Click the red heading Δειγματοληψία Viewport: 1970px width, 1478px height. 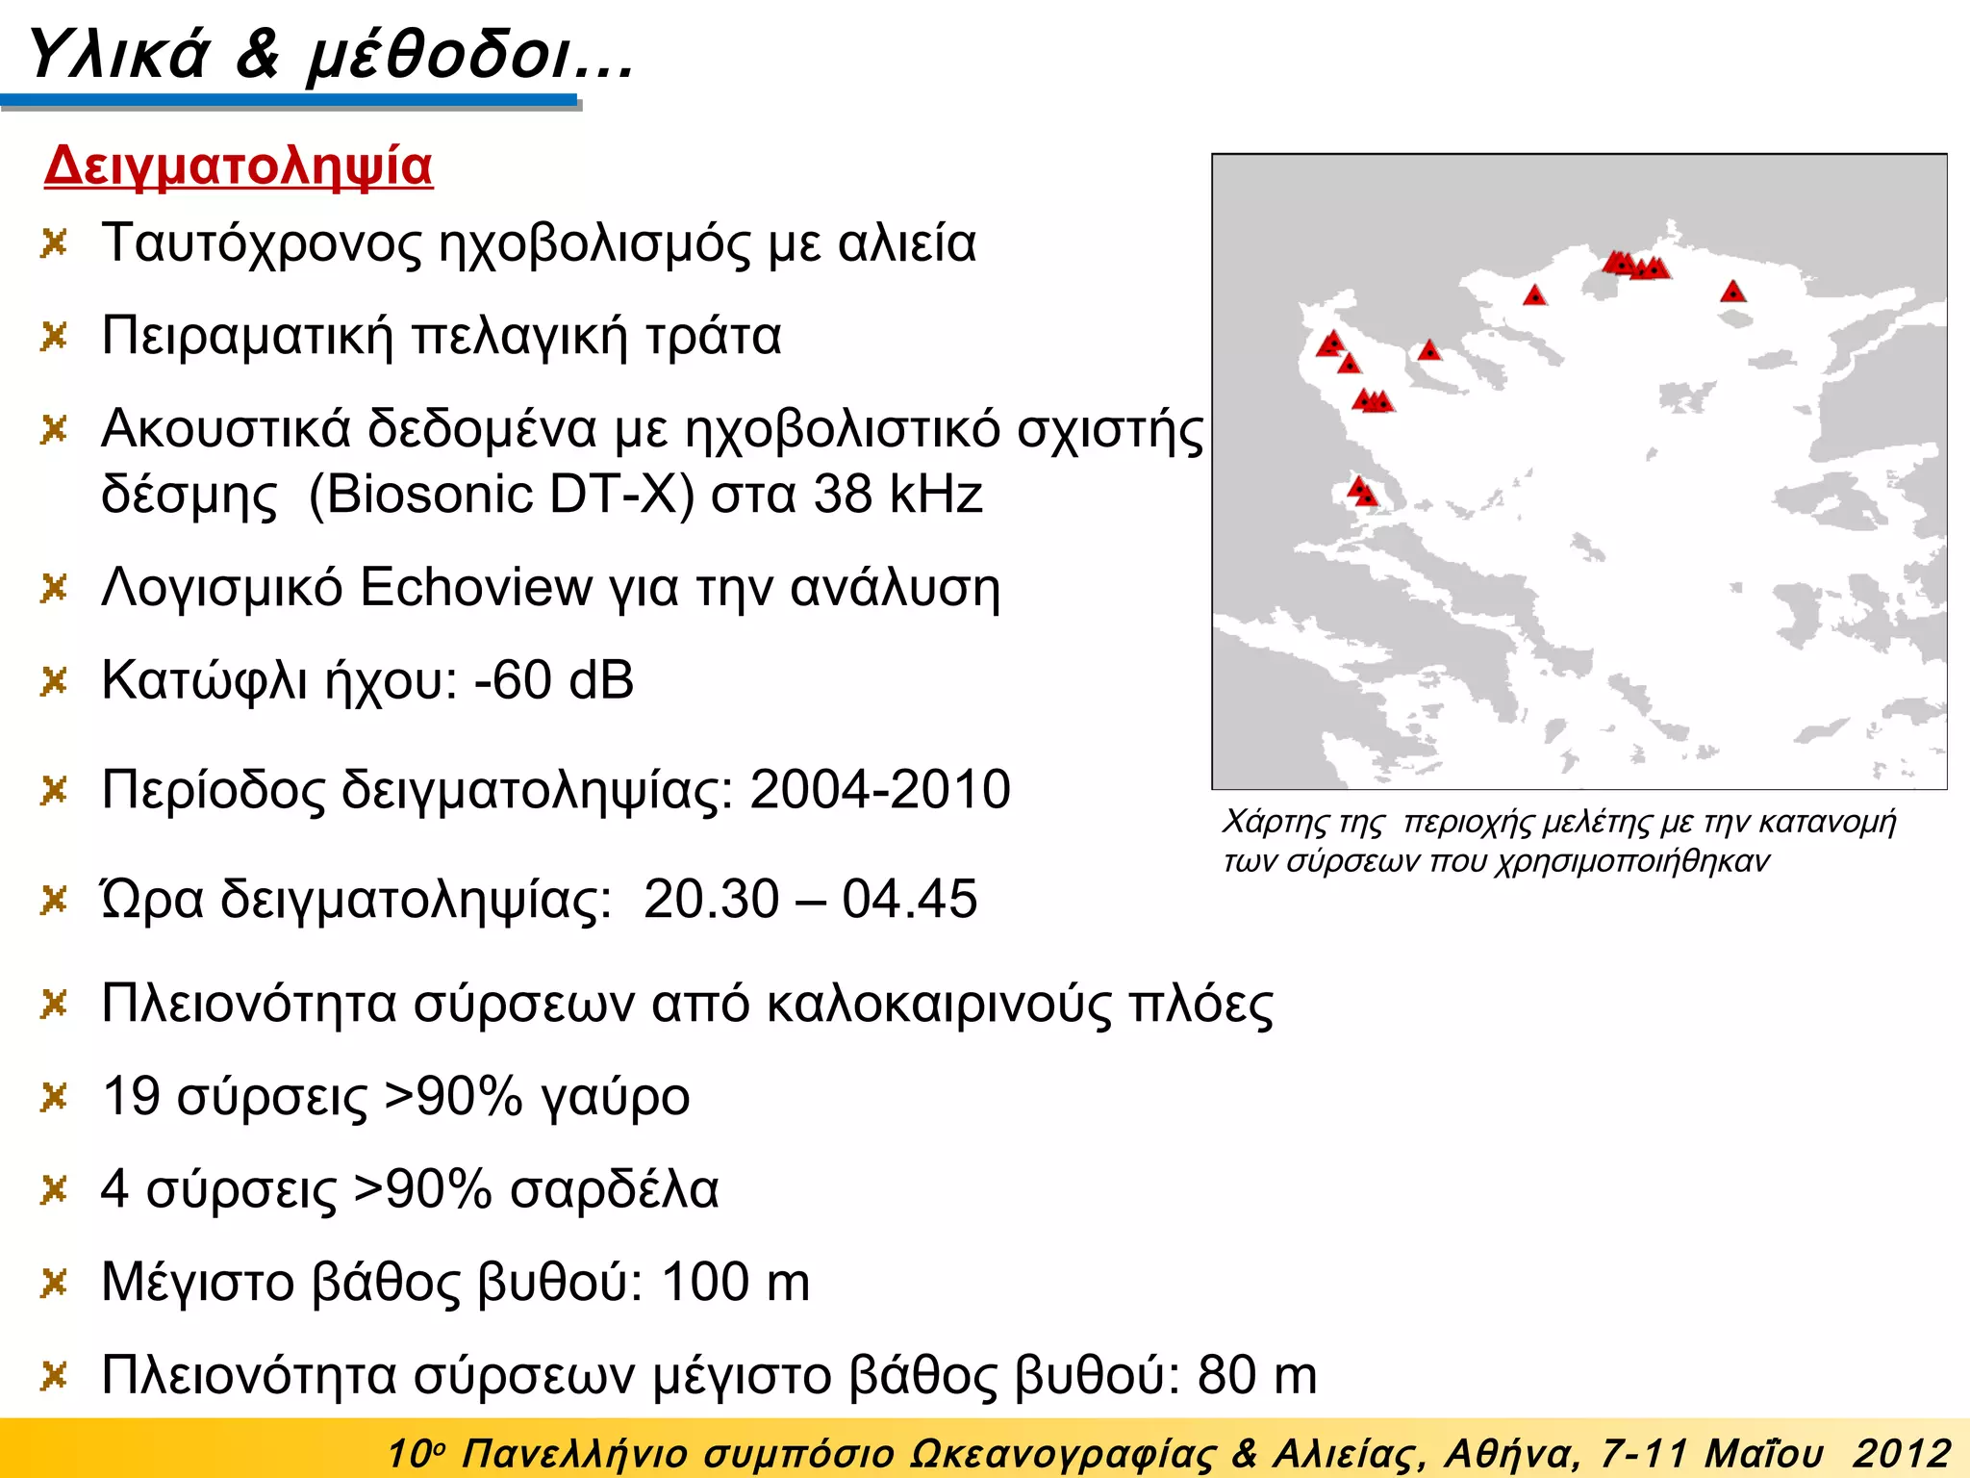[x=239, y=166]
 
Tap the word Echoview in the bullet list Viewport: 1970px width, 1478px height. [x=476, y=587]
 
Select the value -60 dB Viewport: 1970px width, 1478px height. [x=554, y=680]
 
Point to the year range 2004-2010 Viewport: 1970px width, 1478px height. [x=880, y=790]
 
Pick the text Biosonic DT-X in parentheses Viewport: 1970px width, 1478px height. [x=501, y=495]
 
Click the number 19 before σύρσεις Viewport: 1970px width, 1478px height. [x=131, y=1096]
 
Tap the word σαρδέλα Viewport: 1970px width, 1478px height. [x=614, y=1189]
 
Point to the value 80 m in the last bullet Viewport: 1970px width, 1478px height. [x=1257, y=1375]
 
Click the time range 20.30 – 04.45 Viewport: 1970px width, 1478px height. [x=810, y=900]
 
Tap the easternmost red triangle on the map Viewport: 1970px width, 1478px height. [x=1732, y=292]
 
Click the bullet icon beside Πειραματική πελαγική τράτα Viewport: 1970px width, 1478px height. [x=54, y=337]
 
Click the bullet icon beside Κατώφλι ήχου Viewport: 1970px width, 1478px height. [x=54, y=681]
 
